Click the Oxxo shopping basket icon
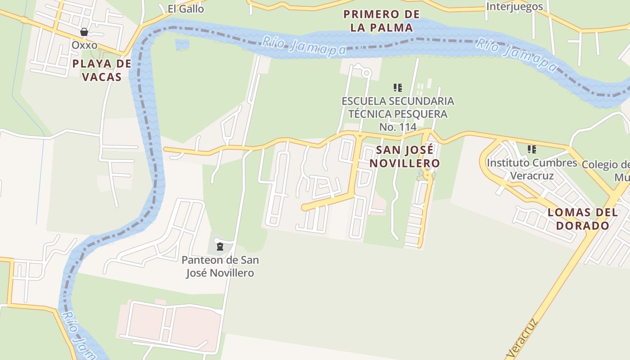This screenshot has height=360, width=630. tap(84, 32)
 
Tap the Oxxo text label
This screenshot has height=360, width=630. tap(84, 45)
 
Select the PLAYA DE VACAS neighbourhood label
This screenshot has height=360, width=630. tap(102, 70)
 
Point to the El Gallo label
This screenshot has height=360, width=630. tap(185, 9)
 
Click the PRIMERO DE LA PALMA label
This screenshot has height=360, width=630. tap(382, 21)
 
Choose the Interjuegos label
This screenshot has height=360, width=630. tap(515, 7)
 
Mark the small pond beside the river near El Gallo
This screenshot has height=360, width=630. tap(182, 45)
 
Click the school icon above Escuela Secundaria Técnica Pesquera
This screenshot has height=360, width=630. tap(397, 87)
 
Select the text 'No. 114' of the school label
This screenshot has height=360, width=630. tap(398, 127)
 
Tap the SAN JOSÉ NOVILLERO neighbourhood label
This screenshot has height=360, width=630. tap(405, 156)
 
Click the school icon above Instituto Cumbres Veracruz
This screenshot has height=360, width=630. tap(532, 149)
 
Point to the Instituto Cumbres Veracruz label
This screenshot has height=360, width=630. tap(532, 169)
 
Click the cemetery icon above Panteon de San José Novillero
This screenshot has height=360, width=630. tap(220, 247)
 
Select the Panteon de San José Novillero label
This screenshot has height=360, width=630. tap(220, 266)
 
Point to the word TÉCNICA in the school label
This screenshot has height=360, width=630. tap(371, 114)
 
